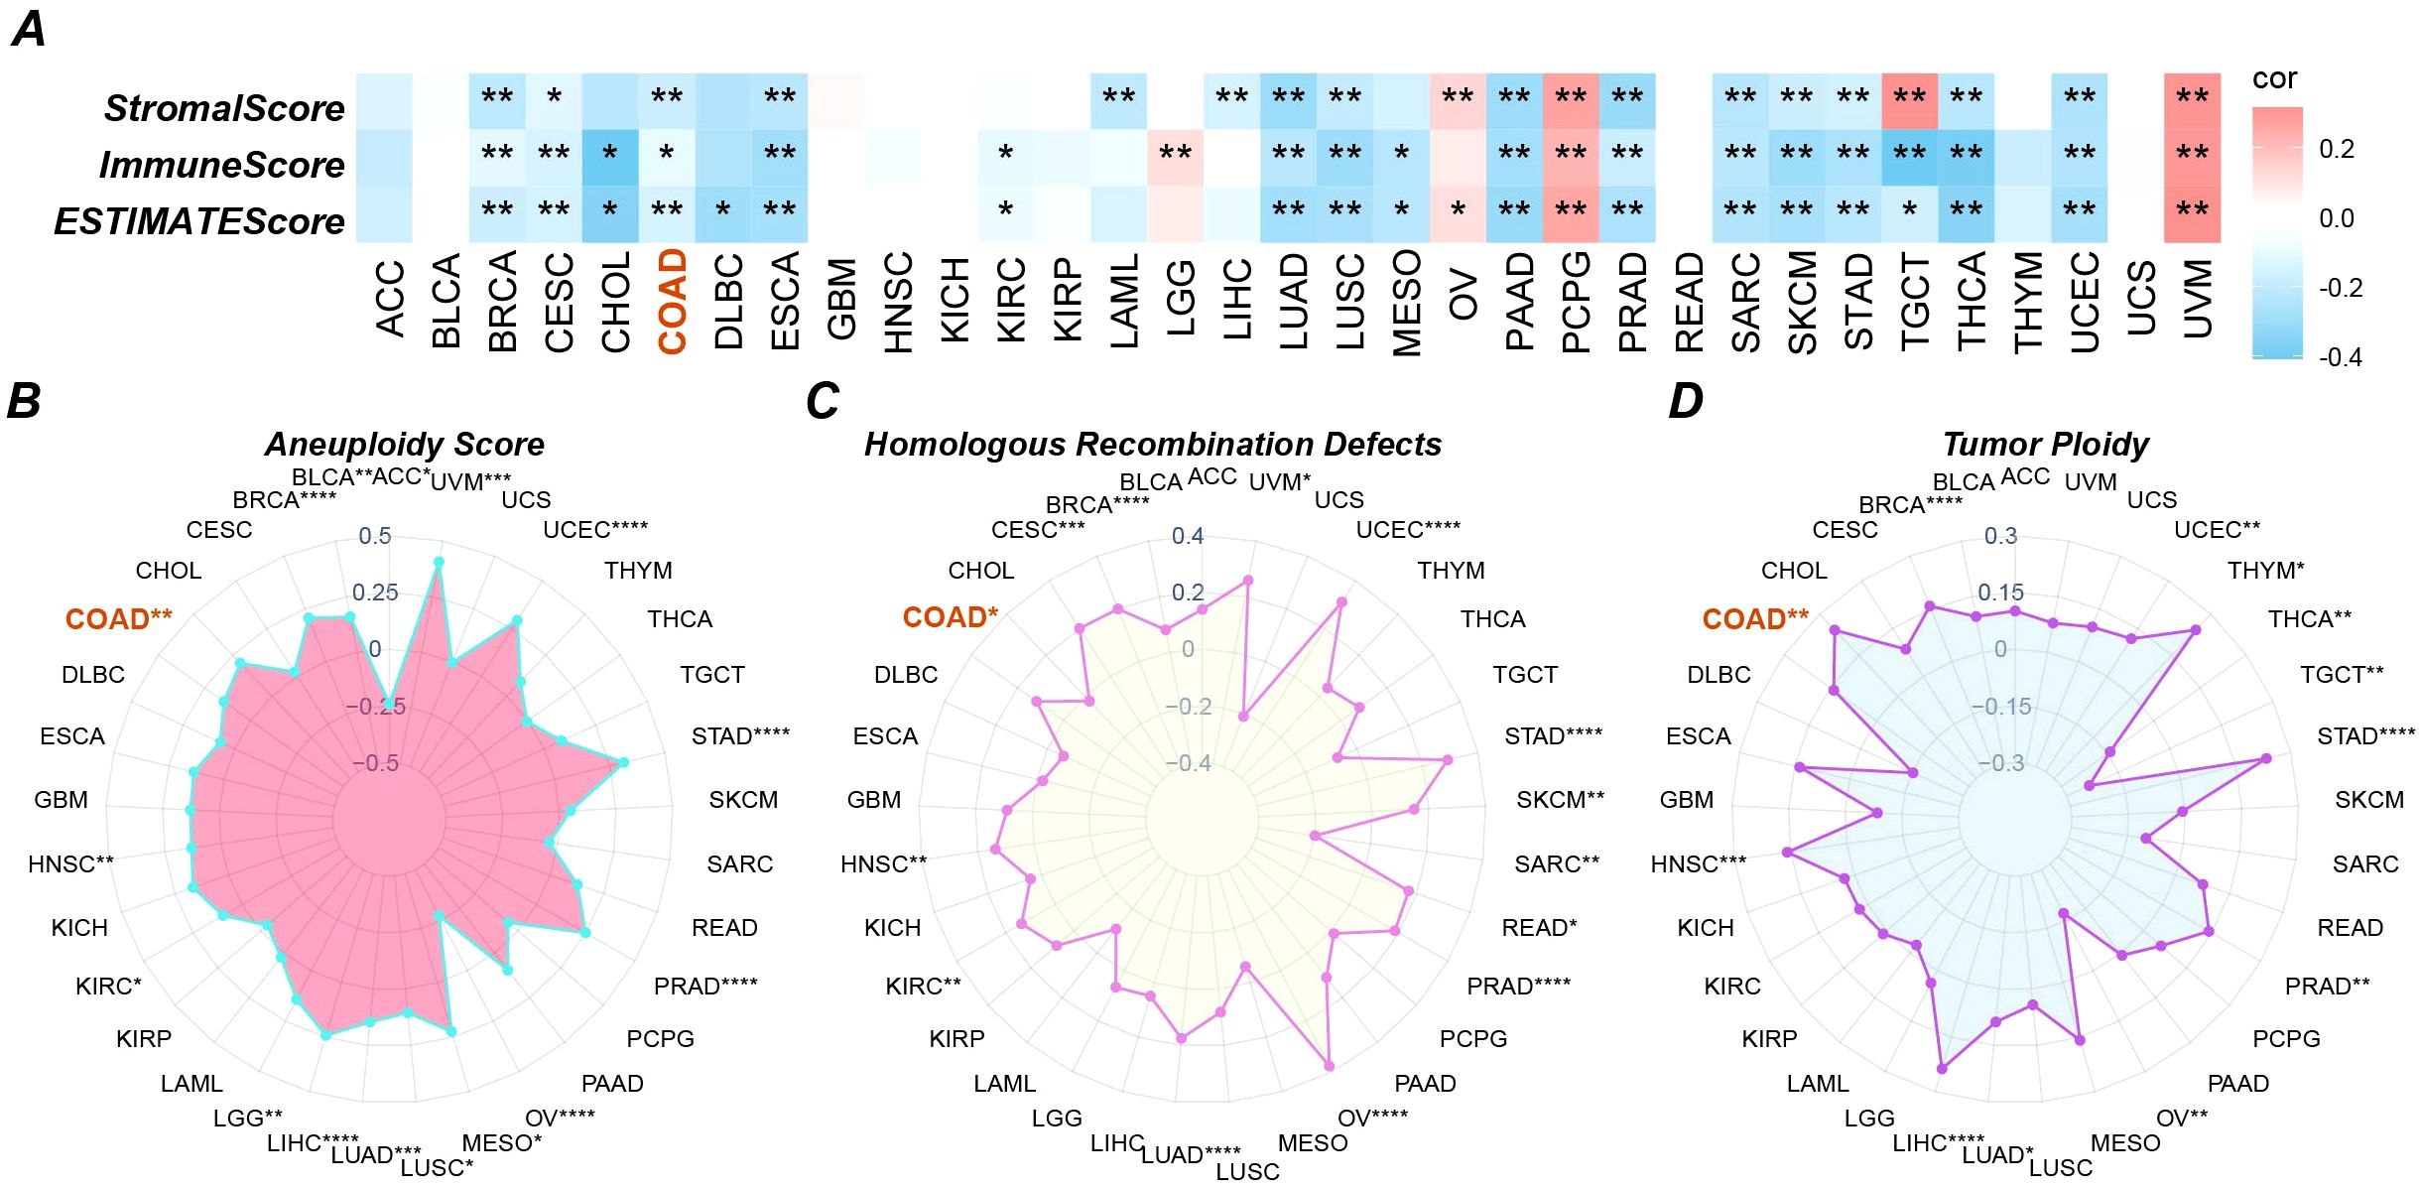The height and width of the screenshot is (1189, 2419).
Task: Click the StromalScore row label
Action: [x=224, y=108]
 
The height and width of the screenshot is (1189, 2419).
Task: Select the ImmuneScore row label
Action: [x=221, y=165]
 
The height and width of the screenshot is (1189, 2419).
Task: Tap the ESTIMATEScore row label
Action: [x=198, y=221]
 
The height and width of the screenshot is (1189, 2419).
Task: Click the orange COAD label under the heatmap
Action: [x=673, y=302]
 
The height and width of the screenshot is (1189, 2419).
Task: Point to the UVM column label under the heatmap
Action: [x=2198, y=299]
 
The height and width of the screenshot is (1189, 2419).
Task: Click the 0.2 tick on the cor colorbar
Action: [x=2337, y=149]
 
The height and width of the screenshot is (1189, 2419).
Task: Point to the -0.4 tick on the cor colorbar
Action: [x=2341, y=357]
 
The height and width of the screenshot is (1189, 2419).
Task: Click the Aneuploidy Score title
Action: [x=405, y=444]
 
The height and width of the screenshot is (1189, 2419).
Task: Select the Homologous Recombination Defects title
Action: [x=1153, y=444]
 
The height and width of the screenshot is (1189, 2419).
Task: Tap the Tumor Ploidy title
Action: [x=2046, y=444]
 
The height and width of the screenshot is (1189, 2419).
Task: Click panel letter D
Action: [x=1686, y=401]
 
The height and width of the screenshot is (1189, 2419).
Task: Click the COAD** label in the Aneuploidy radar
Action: [x=118, y=619]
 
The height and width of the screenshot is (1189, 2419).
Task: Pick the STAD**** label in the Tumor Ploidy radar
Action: [x=2365, y=736]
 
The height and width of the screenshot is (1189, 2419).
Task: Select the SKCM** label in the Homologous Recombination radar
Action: [x=1560, y=800]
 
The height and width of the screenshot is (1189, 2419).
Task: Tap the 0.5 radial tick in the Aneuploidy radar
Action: [x=375, y=536]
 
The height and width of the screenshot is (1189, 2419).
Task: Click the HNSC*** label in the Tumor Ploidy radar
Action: [x=1698, y=864]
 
